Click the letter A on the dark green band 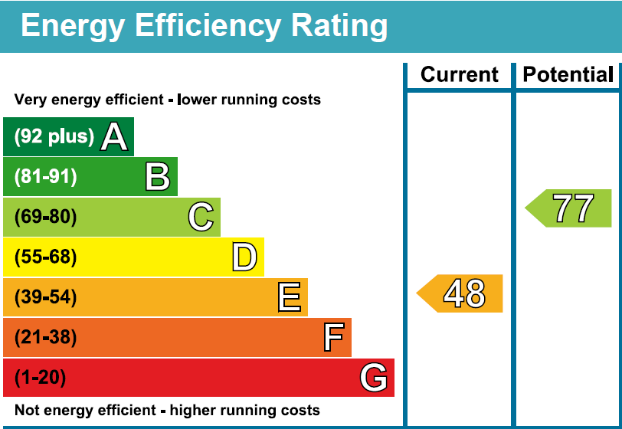pyautogui.click(x=114, y=137)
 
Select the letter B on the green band pyautogui.click(x=157, y=177)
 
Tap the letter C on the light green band pyautogui.click(x=201, y=218)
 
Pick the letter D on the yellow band pyautogui.click(x=244, y=257)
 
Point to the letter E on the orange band pyautogui.click(x=289, y=297)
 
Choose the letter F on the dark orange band pyautogui.click(x=333, y=337)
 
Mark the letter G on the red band pyautogui.click(x=374, y=378)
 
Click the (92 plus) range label pyautogui.click(x=54, y=137)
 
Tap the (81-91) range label pyautogui.click(x=46, y=177)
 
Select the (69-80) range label pyautogui.click(x=46, y=218)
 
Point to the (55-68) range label pyautogui.click(x=46, y=257)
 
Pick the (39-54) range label pyautogui.click(x=46, y=297)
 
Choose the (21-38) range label pyautogui.click(x=46, y=337)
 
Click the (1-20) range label pyautogui.click(x=41, y=378)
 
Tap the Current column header pyautogui.click(x=460, y=74)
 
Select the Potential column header pyautogui.click(x=568, y=74)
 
